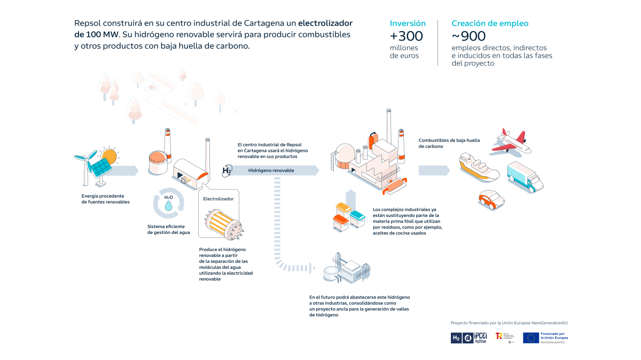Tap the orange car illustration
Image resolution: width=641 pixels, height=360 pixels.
click(491, 199)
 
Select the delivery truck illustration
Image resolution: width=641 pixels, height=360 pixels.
click(525, 176)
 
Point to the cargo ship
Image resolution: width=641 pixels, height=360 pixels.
click(478, 166)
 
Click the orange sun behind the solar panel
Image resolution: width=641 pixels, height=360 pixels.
click(109, 156)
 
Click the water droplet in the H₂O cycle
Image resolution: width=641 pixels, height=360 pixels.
click(168, 206)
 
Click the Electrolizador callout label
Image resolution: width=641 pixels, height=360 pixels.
click(218, 199)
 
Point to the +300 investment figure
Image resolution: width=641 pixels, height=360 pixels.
click(406, 36)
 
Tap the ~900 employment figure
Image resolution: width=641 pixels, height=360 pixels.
click(468, 36)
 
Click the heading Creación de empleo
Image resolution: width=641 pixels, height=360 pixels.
click(490, 24)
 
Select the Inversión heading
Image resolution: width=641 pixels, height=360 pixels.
click(408, 24)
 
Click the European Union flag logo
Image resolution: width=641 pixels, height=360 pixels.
click(530, 338)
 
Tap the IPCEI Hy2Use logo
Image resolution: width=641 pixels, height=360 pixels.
click(475, 338)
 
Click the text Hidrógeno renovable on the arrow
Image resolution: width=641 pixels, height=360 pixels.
click(271, 170)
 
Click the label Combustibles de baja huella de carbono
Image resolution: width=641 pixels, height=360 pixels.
click(449, 143)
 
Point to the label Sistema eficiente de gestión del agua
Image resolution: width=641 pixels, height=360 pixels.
click(166, 229)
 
